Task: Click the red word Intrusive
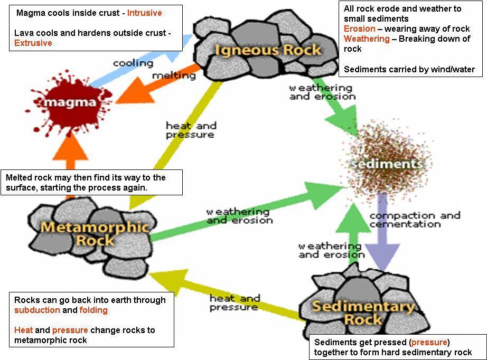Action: [144, 13]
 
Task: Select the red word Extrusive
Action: [33, 43]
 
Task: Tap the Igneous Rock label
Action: [267, 50]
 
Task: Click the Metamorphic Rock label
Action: [95, 233]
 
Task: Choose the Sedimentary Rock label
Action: [363, 312]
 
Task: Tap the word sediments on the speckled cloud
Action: [387, 163]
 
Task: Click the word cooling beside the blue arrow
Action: [133, 63]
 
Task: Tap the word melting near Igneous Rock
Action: [174, 75]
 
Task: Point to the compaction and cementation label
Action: [415, 220]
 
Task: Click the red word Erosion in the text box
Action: [359, 29]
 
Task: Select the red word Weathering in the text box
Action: [367, 39]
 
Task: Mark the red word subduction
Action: [37, 310]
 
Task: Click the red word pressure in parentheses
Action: [429, 342]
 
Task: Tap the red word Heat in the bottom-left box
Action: [23, 330]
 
